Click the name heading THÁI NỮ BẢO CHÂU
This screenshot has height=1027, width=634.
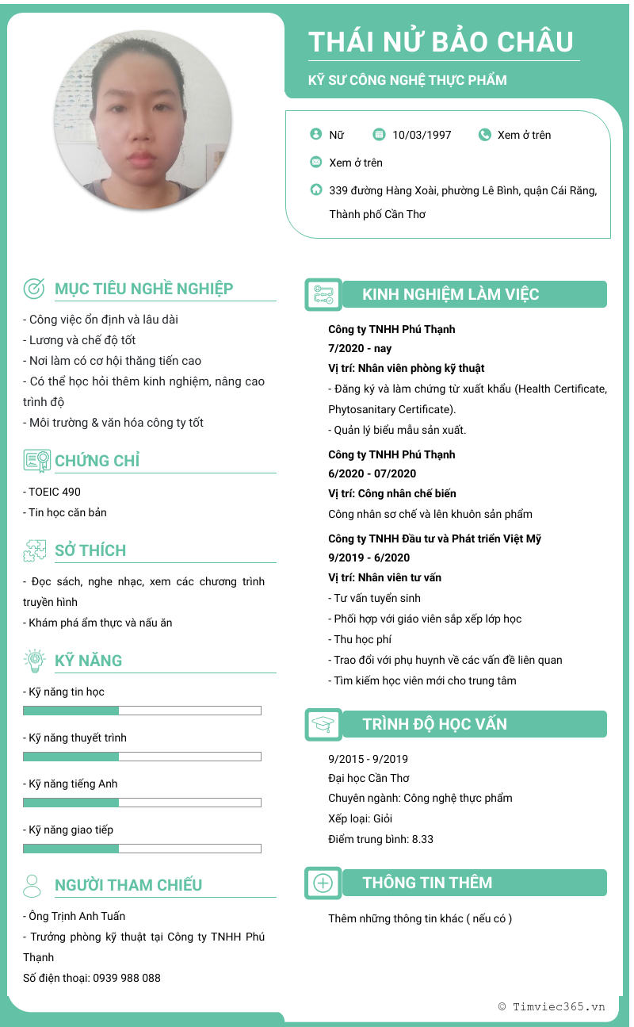[441, 41]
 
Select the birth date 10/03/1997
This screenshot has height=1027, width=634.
[422, 135]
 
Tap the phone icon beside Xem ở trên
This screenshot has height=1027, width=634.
[485, 135]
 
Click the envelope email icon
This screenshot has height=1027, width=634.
[316, 163]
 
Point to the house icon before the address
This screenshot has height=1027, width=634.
[316, 190]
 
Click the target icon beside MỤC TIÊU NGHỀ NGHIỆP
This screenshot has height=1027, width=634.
[34, 289]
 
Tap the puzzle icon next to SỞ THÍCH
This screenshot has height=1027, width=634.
[35, 550]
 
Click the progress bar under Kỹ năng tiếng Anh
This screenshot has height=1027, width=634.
[142, 803]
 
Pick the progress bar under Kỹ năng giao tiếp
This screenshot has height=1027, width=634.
[142, 849]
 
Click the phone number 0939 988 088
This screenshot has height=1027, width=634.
[127, 978]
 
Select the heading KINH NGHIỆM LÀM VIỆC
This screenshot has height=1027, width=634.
[450, 295]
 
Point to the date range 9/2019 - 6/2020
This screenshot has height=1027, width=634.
[369, 558]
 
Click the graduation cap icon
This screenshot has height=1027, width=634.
[323, 724]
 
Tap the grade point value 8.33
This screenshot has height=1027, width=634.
[422, 839]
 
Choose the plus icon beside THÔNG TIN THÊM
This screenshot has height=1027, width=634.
[323, 883]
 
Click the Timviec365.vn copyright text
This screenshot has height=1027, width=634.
[552, 1006]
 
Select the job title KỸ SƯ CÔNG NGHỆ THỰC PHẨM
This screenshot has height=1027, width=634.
[407, 80]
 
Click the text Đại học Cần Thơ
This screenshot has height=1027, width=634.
[369, 778]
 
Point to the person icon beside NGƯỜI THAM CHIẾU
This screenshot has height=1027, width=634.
[32, 885]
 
